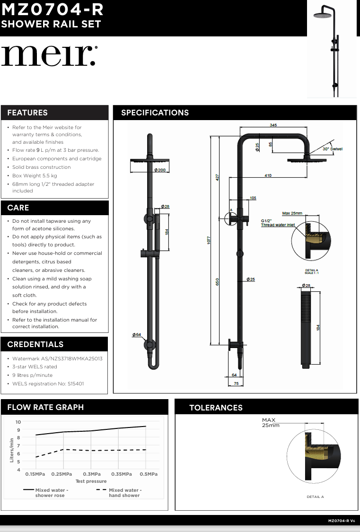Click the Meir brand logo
pos(49,56)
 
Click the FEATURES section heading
pos(27,113)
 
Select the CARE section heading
pos(18,208)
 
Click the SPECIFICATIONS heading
pos(155,113)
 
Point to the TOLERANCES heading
pos(216,408)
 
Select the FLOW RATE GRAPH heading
pos(45,407)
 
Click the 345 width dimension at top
pos(273,125)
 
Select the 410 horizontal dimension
pos(268,175)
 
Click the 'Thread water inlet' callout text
pos(278,225)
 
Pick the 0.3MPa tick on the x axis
pos(92,474)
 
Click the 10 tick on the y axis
pos(18,422)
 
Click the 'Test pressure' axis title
pos(91,481)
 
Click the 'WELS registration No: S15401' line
pos(48,384)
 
